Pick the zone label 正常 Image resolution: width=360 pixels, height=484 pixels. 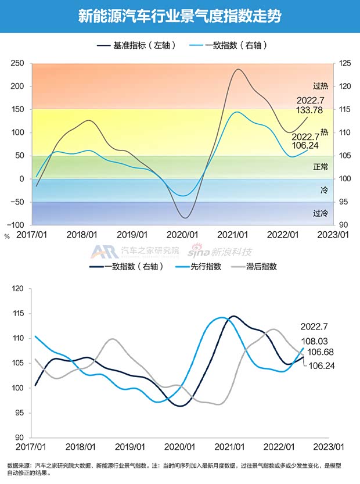coord(320,167)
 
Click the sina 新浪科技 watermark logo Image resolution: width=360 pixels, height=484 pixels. coord(219,251)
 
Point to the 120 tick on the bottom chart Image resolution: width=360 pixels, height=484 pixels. coord(20,288)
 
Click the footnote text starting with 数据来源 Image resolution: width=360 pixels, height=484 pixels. coord(174,469)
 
